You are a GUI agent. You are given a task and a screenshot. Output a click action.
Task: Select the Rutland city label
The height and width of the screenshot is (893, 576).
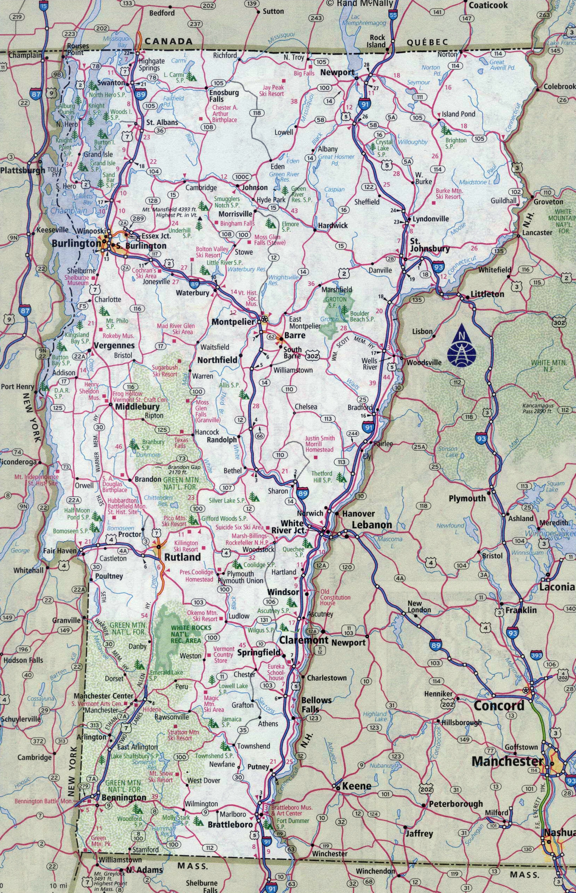pyautogui.click(x=182, y=557)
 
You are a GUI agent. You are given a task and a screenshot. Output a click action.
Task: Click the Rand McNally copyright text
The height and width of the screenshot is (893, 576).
pyautogui.click(x=361, y=4)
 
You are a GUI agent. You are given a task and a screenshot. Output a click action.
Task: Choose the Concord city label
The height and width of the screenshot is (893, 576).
pyautogui.click(x=499, y=706)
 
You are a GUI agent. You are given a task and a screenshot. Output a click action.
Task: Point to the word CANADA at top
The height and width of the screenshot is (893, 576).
pyautogui.click(x=168, y=42)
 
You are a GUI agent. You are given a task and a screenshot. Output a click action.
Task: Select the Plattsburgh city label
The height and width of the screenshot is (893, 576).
pyautogui.click(x=22, y=171)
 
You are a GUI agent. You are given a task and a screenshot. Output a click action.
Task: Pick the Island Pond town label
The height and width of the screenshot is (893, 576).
pyautogui.click(x=458, y=114)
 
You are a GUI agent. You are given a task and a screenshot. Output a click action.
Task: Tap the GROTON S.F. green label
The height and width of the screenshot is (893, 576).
pyautogui.click(x=335, y=303)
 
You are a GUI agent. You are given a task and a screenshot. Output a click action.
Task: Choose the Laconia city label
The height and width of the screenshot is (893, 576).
pyautogui.click(x=556, y=587)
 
